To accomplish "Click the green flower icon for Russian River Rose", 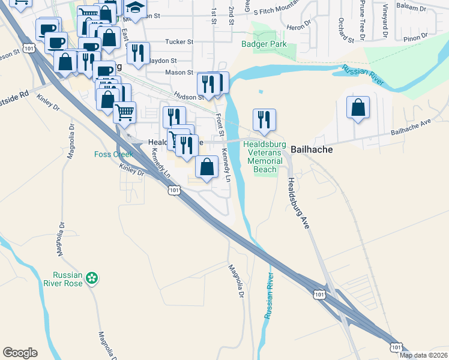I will (x=91, y=278).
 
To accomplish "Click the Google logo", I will (x=20, y=353).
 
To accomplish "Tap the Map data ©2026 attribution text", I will (x=423, y=355).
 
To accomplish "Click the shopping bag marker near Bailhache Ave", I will (x=358, y=108).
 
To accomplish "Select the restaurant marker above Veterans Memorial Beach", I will (x=264, y=120).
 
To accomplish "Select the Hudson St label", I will (x=185, y=95).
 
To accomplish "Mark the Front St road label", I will (x=219, y=124).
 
